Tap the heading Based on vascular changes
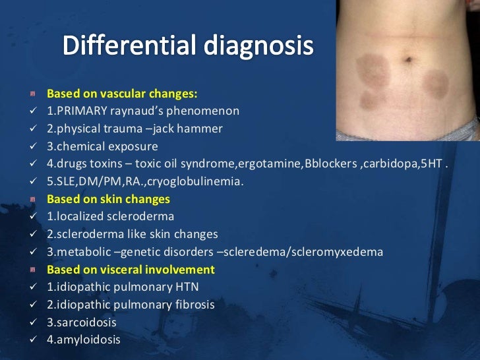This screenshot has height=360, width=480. [121, 93]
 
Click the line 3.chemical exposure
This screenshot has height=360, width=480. [102, 146]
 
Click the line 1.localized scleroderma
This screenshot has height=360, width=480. [110, 216]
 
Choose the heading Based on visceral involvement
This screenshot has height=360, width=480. [130, 270]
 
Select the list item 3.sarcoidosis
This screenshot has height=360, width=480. [81, 322]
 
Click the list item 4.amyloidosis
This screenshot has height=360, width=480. [83, 340]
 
